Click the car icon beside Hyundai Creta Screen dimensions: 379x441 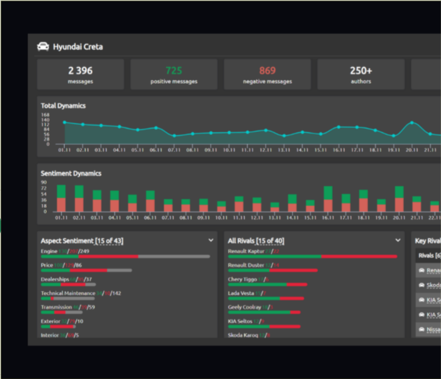43,46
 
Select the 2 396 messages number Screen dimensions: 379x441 80,71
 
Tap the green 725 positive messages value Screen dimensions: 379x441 174,71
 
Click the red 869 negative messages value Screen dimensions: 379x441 267,71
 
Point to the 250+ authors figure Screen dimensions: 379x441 361,71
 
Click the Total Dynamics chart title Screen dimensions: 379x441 63,106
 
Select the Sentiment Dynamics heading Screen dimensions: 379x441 71,173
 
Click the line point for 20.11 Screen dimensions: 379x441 411,123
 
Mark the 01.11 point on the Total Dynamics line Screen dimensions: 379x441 64,122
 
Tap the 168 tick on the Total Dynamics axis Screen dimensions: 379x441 45,115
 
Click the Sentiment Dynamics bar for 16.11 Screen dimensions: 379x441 328,200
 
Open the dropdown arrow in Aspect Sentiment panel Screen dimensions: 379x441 211,240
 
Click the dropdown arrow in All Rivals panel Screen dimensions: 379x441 398,240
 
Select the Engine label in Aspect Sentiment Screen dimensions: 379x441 49,251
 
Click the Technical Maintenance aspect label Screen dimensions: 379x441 64,293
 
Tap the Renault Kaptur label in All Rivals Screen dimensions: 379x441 246,251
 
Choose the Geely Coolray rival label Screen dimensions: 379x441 244,307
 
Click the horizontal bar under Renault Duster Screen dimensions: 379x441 273,270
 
